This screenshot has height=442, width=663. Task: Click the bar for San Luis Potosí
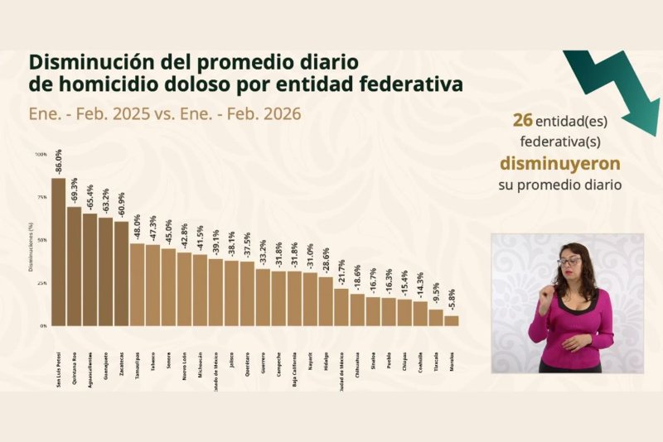coord(58,252)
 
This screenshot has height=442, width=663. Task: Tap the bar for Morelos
coord(451,320)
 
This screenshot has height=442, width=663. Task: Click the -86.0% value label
coord(58,162)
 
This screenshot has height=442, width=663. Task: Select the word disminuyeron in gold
coord(559,161)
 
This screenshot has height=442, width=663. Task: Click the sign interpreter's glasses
coord(569,262)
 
